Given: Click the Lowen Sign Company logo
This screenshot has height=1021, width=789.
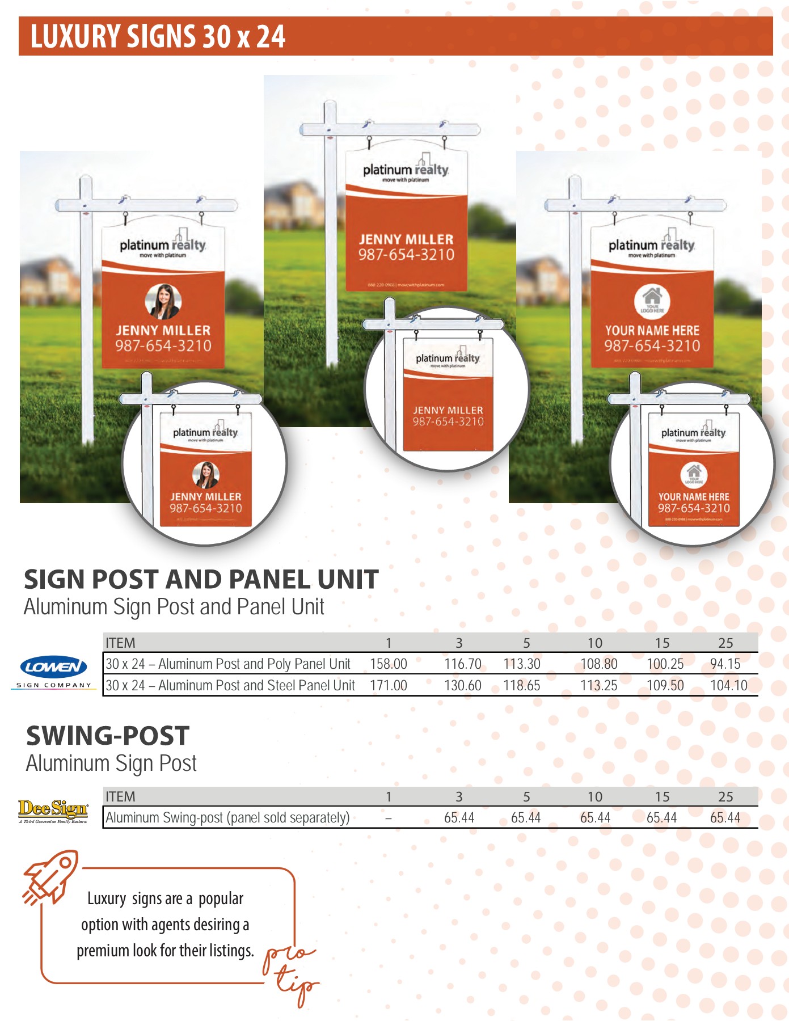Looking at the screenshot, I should tap(53, 672).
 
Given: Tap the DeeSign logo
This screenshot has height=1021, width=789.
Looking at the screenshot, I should tap(53, 811).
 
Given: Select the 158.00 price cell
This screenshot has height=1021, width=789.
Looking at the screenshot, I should tap(388, 664).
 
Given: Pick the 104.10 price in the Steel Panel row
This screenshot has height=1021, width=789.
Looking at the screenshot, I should tap(728, 685).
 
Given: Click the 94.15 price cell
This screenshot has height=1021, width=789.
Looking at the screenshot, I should tap(725, 664).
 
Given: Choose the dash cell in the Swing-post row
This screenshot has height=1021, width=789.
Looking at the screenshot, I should tap(388, 818).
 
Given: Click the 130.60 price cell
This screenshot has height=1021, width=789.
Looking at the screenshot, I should tap(462, 685).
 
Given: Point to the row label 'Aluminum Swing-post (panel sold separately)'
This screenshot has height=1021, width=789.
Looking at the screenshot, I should tap(227, 818).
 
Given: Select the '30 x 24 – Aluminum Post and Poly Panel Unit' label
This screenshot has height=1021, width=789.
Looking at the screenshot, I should tap(228, 664).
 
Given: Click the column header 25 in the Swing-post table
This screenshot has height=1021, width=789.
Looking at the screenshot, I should tap(725, 797).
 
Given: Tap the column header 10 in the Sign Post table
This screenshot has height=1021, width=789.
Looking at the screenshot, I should tap(594, 643).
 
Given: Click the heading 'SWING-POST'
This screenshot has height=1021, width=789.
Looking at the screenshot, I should tap(108, 736).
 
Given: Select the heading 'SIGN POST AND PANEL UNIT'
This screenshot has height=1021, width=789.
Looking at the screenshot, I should tap(201, 580).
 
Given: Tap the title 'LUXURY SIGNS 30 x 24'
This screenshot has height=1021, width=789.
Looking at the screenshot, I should tap(158, 36).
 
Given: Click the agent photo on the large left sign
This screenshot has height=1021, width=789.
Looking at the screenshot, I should tap(163, 301).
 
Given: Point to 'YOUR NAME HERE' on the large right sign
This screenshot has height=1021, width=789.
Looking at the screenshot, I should tap(652, 330).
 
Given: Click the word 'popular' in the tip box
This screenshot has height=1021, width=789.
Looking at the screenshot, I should tap(221, 899).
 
